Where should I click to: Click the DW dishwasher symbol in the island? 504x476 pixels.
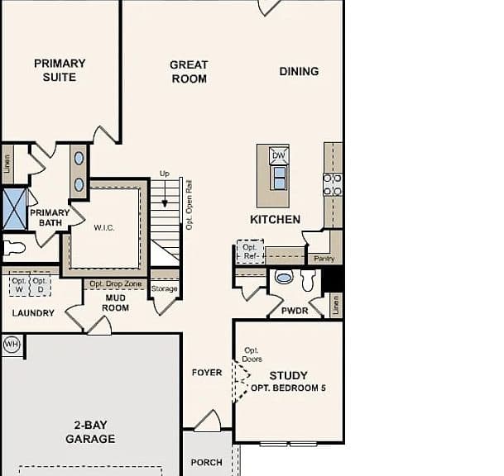(279, 155)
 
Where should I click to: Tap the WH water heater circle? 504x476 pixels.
(12, 345)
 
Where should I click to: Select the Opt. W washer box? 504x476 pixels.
(19, 284)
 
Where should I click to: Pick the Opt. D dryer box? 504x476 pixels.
(41, 284)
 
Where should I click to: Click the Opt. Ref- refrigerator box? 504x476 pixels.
(251, 252)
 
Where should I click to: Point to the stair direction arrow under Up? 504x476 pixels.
(165, 193)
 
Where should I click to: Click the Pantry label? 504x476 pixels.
(324, 259)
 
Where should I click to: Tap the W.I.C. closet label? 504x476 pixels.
(103, 228)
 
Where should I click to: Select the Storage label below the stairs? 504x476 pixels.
(164, 288)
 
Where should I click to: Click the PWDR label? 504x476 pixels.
(295, 311)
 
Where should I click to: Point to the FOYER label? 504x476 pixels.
(207, 373)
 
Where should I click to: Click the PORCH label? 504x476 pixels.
(206, 463)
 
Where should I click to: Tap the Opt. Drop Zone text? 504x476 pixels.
(115, 284)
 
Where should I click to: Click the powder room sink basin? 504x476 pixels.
(284, 277)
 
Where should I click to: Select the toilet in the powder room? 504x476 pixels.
(308, 280)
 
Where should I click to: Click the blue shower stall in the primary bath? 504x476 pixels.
(14, 209)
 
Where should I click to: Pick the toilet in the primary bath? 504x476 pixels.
(14, 248)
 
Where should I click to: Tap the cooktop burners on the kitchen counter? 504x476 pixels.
(333, 185)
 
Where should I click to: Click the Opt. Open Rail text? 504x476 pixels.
(190, 205)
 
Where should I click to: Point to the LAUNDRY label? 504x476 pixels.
(33, 313)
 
